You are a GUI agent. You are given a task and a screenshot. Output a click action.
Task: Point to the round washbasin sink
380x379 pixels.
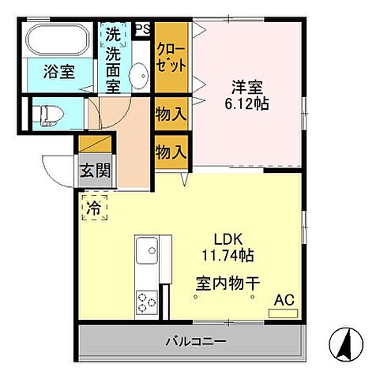[138, 77]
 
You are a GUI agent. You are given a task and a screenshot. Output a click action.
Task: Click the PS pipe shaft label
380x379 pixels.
[142, 29]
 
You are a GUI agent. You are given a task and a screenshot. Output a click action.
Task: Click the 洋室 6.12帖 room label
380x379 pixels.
[245, 95]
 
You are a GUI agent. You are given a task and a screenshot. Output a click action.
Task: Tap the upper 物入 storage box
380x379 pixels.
[171, 114]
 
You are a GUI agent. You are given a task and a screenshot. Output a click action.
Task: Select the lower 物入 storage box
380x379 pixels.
[171, 150]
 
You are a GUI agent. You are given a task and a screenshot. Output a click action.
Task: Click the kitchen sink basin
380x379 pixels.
[147, 253]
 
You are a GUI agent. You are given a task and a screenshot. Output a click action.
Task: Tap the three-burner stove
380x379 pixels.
[148, 301]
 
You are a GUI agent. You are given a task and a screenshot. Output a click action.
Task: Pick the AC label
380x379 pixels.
[283, 300]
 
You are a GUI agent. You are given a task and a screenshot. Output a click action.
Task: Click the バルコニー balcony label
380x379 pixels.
[196, 343]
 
